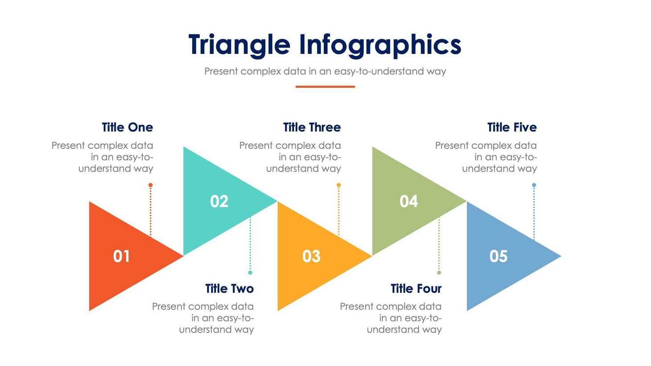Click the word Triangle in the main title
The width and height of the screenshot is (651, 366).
coord(239,45)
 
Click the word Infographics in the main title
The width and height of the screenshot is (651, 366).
coord(380,45)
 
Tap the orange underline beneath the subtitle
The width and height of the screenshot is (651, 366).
coord(325,86)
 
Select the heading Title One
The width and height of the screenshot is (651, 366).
coord(127,127)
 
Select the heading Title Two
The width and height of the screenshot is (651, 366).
coord(229,289)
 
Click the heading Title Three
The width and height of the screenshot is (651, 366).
coord(312,127)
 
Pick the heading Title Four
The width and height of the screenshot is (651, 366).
coord(416,289)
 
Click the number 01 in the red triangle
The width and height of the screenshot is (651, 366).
coord(121,256)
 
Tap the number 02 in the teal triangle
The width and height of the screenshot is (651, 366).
coord(219,202)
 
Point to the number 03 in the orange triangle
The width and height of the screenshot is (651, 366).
coord(311,256)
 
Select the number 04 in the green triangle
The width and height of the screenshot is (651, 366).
coord(408,202)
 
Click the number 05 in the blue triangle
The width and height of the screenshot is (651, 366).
coord(498,256)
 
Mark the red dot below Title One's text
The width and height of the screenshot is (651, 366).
coord(151,185)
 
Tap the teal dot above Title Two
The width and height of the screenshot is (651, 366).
coord(250,272)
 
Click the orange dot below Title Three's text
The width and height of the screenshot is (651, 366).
coord(339,185)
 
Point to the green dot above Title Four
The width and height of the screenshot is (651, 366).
coord(439,272)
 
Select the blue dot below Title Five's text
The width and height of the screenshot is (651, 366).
coord(534,185)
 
